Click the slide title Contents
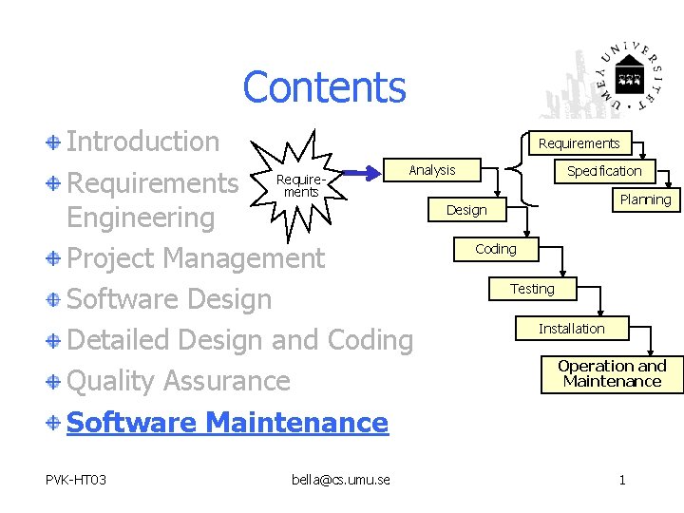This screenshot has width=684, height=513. [324, 87]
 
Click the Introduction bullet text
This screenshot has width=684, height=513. [142, 142]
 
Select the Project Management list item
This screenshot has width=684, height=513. [196, 257]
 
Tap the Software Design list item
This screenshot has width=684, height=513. [169, 299]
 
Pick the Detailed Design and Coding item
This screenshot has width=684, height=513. [240, 340]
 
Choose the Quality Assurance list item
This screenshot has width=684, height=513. [179, 381]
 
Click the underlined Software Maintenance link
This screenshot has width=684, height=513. [227, 423]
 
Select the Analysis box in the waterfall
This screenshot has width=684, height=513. [432, 170]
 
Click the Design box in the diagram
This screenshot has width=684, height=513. [466, 210]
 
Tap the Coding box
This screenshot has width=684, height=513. [496, 249]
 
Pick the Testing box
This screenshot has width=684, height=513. [532, 288]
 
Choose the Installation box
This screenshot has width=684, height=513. [571, 329]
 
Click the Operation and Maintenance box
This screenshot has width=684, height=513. [612, 373]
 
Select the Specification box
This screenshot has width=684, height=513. [604, 171]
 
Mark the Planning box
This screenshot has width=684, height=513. [645, 199]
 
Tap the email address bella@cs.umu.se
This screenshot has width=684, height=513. [341, 480]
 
